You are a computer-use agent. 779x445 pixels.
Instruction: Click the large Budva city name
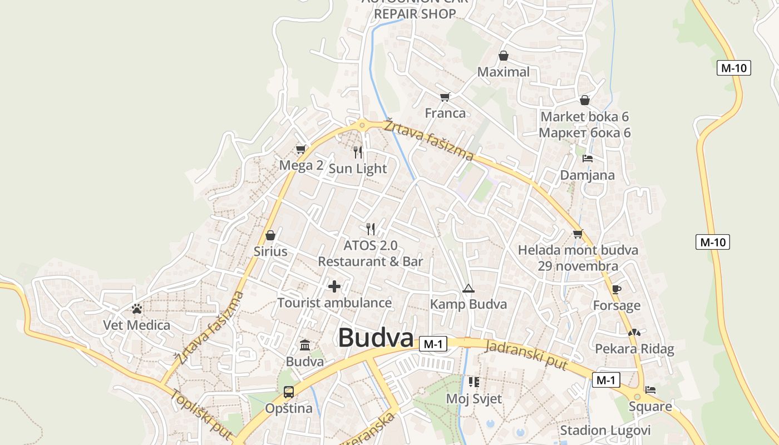click(376, 338)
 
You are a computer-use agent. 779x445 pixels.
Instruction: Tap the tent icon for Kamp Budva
click(469, 288)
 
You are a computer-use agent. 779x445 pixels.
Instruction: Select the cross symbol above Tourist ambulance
click(334, 286)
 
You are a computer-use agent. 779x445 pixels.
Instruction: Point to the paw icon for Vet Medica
click(137, 309)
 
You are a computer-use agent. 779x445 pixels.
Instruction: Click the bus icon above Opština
click(289, 392)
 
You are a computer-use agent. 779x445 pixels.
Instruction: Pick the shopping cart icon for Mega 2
click(301, 149)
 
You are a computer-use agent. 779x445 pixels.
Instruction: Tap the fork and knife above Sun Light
click(358, 152)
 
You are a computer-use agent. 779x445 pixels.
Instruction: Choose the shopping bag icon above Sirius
click(270, 235)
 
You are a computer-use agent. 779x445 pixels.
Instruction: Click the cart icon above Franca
click(445, 97)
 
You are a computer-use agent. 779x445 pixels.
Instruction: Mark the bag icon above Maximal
click(504, 56)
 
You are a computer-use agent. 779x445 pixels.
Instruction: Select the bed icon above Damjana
click(587, 159)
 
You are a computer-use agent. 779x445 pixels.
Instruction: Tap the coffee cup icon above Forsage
click(616, 289)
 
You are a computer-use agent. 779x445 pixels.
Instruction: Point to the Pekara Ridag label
click(634, 349)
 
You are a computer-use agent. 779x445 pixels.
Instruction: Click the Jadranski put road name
click(526, 354)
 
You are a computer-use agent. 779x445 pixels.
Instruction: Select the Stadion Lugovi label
click(605, 430)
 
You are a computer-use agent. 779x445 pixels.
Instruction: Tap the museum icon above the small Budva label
click(305, 345)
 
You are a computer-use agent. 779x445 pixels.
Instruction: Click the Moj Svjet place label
click(474, 398)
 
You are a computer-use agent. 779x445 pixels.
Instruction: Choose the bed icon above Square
click(650, 390)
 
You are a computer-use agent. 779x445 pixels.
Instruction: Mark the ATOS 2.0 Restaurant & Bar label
click(371, 253)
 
